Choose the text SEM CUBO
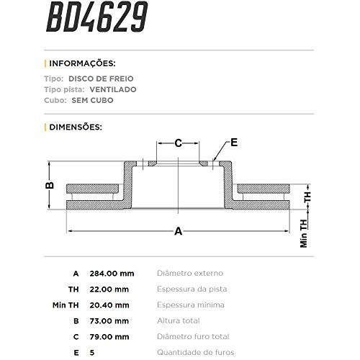click(93, 101)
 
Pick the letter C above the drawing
click(179, 143)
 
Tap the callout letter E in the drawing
click(234, 141)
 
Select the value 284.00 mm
click(112, 274)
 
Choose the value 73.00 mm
click(109, 321)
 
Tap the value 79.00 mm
click(109, 337)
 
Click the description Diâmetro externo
click(190, 274)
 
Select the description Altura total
click(181, 321)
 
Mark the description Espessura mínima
click(192, 305)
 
